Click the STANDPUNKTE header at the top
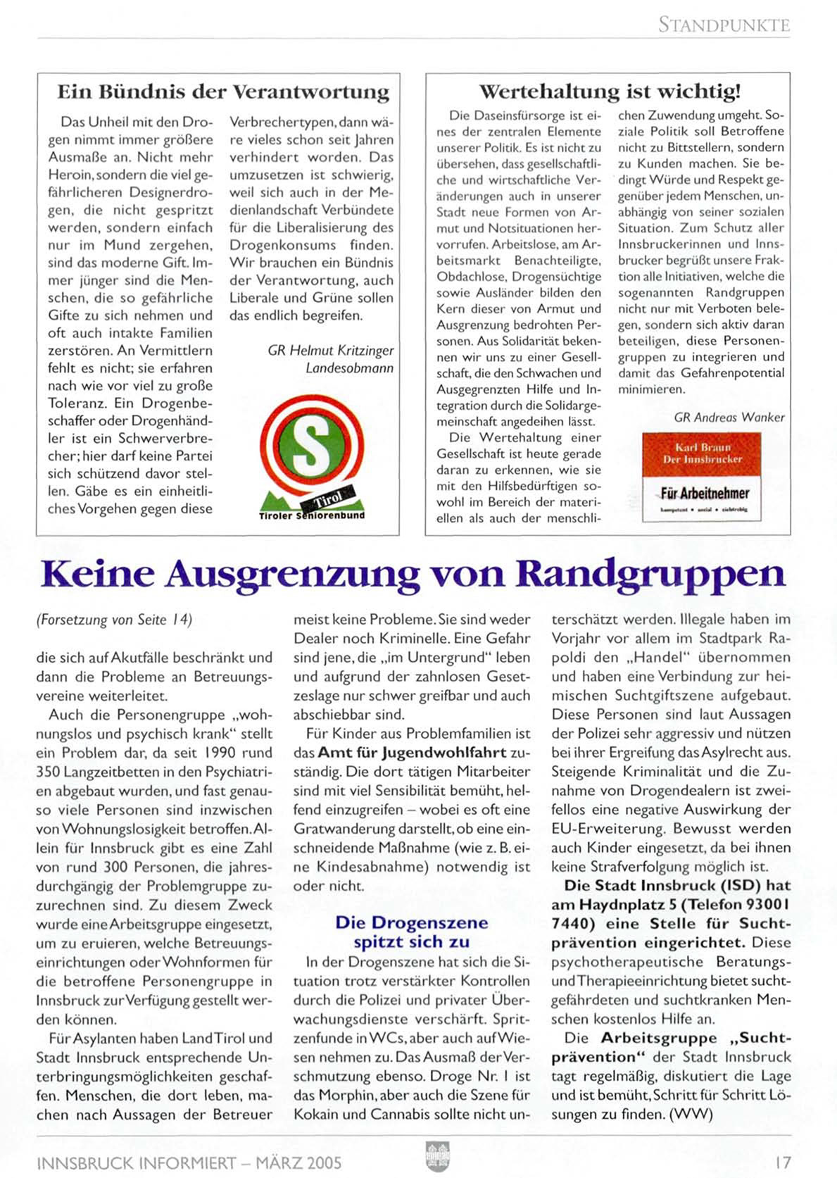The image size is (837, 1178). [724, 25]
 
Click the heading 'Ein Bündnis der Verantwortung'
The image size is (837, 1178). [223, 92]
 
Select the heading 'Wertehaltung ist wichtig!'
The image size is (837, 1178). [609, 92]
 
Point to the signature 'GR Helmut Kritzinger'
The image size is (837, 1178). [330, 350]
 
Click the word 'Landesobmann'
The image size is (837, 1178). [349, 368]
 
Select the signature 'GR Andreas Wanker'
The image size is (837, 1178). [729, 417]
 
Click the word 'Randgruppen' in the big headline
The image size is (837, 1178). [650, 574]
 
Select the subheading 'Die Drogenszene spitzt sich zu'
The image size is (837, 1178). [411, 932]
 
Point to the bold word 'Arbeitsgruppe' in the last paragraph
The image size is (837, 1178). [659, 1038]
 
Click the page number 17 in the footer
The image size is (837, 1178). [781, 1162]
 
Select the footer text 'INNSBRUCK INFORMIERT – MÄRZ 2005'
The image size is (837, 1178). [189, 1162]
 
